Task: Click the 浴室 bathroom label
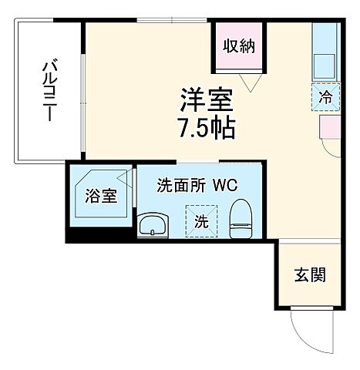101,195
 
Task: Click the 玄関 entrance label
309,274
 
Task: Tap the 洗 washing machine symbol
200,221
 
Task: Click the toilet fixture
243,217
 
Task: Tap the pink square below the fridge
329,125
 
